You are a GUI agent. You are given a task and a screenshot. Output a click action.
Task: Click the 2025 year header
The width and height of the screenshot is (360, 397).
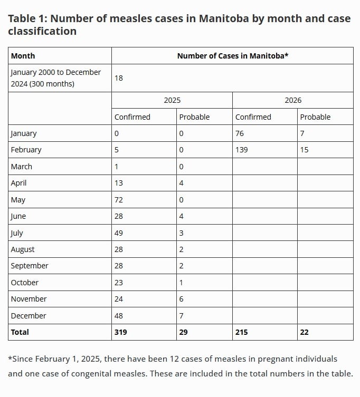tap(172, 100)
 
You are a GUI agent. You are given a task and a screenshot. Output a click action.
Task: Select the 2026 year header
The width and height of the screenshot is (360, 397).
tap(293, 100)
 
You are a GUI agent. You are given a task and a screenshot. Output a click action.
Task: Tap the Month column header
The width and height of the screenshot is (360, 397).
tap(23, 56)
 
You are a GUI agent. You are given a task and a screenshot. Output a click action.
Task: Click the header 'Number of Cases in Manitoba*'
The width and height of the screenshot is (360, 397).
tap(232, 56)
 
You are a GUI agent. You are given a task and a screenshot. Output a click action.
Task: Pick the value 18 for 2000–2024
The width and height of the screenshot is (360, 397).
tap(119, 78)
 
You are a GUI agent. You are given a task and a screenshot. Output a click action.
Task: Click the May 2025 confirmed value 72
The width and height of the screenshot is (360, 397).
tap(119, 200)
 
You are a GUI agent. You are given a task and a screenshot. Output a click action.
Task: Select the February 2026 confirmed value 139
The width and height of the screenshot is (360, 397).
tap(242, 150)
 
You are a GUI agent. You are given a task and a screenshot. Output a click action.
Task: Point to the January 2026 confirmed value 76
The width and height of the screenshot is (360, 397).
tap(240, 133)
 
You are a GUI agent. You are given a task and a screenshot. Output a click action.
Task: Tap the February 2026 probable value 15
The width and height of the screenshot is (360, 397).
tap(304, 150)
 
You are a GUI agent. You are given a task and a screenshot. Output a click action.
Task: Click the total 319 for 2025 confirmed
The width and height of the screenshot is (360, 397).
tap(121, 332)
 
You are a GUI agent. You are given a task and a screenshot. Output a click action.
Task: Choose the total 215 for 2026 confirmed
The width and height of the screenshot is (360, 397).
tap(242, 332)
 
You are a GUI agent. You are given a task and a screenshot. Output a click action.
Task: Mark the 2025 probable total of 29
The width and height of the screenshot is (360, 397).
tap(184, 332)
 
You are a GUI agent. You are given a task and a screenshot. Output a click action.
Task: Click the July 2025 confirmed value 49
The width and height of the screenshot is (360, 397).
tap(119, 233)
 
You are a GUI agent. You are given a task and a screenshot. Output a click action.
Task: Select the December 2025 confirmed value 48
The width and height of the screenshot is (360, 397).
tap(119, 316)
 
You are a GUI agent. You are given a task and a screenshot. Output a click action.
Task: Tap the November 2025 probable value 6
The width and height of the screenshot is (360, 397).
tap(182, 299)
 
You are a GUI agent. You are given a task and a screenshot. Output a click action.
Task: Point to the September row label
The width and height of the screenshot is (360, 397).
tap(30, 266)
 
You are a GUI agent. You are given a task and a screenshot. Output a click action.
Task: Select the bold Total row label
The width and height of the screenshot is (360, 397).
tap(20, 332)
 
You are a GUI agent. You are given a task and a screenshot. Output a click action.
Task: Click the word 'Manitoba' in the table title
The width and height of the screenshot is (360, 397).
tap(223, 18)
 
